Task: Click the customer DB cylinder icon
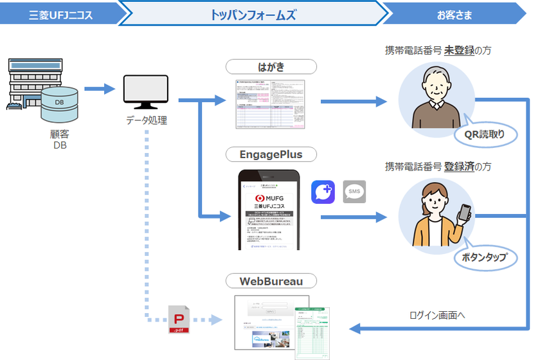(x=59, y=105)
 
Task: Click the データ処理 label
(x=146, y=120)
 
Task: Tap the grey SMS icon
(x=355, y=192)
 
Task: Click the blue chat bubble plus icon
(x=323, y=192)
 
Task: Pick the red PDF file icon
(x=180, y=319)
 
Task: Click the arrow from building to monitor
(x=98, y=89)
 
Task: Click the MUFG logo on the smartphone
(x=270, y=197)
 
